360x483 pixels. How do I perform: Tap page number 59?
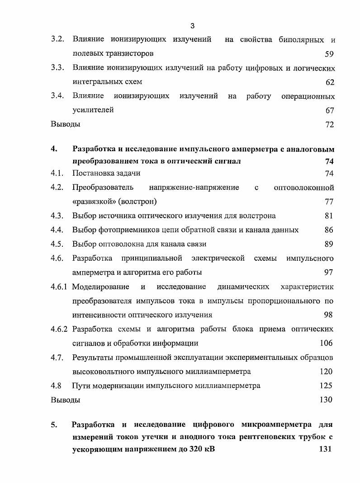[329, 54]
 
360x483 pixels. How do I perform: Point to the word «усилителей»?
[93, 110]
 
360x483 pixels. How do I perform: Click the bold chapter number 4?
[54, 148]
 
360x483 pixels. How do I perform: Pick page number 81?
[329, 215]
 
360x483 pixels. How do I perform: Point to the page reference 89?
[329, 244]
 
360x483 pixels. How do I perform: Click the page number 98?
[328, 315]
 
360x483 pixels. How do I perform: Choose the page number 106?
[327, 343]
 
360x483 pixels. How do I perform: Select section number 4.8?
[56, 386]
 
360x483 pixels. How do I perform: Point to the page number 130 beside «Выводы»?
[326, 400]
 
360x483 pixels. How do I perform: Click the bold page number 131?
[325, 449]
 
